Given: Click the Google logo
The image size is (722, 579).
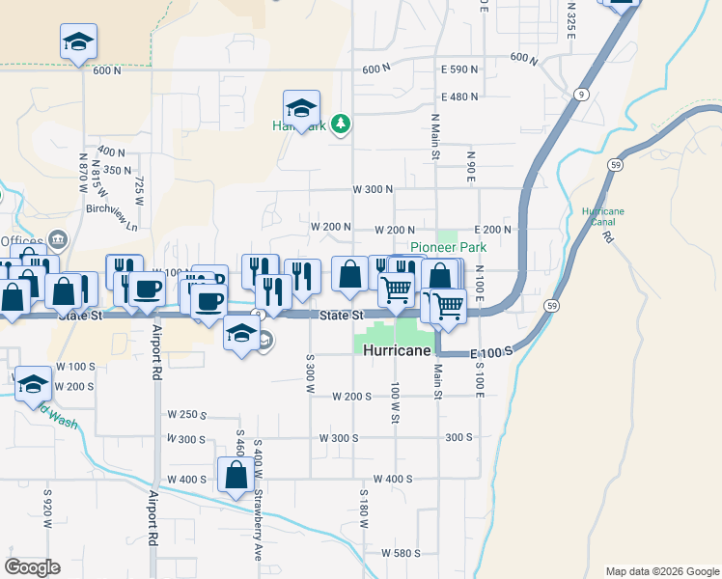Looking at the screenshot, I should pyautogui.click(x=32, y=567).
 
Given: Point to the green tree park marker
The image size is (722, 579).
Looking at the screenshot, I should pyautogui.click(x=339, y=124).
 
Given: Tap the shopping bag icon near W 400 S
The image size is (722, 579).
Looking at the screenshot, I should pyautogui.click(x=236, y=475).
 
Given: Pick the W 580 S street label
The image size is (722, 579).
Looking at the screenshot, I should pyautogui.click(x=401, y=553).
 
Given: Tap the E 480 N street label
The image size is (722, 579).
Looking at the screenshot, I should pyautogui.click(x=460, y=96).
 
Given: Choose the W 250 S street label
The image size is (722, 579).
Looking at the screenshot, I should pyautogui.click(x=186, y=415).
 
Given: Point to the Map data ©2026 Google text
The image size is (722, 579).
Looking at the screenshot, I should pyautogui.click(x=661, y=571).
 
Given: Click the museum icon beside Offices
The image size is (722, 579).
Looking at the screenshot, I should pyautogui.click(x=57, y=239).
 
